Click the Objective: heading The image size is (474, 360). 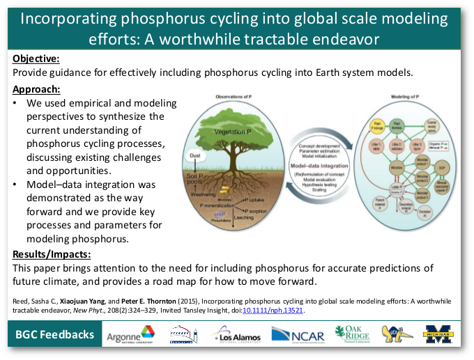coord(36,59)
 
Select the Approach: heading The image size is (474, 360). coord(36,89)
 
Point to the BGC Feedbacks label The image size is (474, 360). coord(55,335)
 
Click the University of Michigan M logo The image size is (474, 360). coord(438,334)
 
